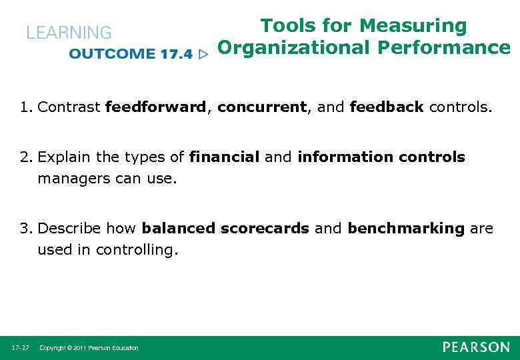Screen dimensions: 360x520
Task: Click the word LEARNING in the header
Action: click(69, 32)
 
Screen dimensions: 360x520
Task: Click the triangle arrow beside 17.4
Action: click(204, 54)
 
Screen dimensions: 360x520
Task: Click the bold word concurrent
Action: click(261, 107)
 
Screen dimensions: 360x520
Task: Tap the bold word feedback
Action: click(386, 107)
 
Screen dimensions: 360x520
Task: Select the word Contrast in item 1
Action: click(69, 107)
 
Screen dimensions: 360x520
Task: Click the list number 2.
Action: click(25, 157)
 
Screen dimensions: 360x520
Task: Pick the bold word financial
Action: click(224, 157)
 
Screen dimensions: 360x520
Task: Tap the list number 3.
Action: click(25, 229)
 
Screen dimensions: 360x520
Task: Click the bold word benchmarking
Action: click(406, 229)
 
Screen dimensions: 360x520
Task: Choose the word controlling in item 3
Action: click(137, 250)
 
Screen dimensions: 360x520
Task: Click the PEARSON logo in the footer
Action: click(475, 347)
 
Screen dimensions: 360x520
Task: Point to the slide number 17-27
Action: click(19, 348)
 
